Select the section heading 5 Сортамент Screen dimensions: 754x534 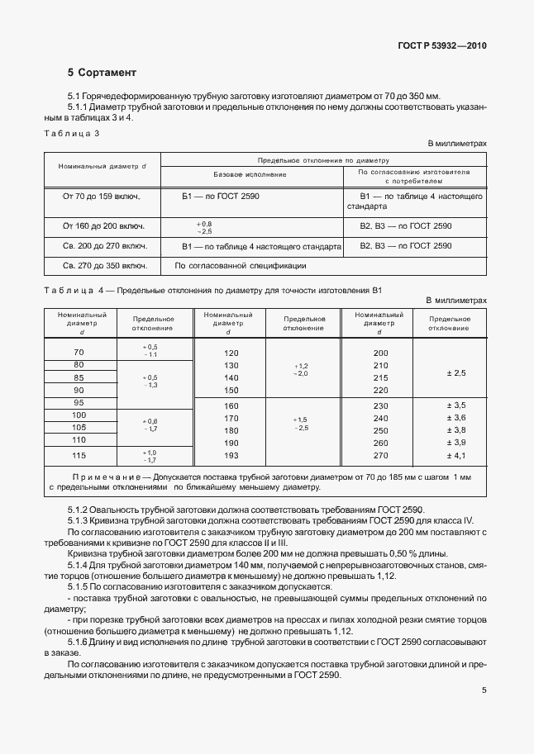pos(103,73)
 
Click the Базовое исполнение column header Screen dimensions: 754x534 pos(250,175)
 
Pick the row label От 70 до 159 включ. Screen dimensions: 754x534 pos(102,197)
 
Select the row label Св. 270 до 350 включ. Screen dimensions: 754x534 pos(102,266)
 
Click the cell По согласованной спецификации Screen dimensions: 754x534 pos(241,266)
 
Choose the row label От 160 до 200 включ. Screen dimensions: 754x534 pos(102,225)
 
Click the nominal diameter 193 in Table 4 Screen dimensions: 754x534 pos(231,456)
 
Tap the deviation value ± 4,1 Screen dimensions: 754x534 pos(456,456)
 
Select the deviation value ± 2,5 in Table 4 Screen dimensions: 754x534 pos(456,373)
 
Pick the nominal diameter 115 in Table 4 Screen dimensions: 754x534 pos(79,456)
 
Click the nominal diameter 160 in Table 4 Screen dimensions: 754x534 pos(231,405)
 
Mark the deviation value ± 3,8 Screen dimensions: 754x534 pos(456,431)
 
